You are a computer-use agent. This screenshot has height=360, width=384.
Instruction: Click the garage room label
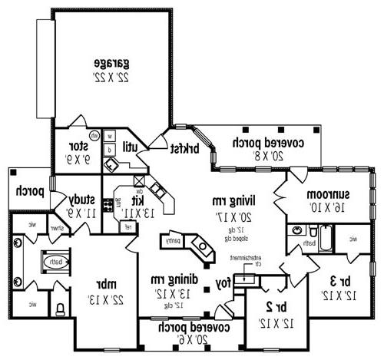(x=110, y=62)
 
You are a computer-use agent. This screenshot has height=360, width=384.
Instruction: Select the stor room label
(x=78, y=145)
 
